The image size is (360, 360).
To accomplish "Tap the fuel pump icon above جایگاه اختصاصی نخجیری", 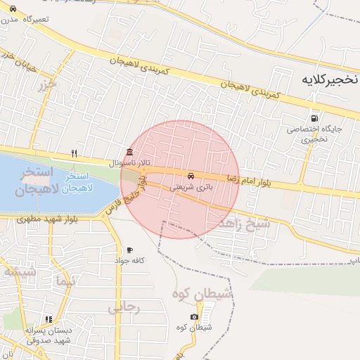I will click(313, 118).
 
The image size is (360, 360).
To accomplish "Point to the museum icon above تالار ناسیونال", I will click(128, 153).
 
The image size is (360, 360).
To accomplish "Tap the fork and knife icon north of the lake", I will click(74, 153).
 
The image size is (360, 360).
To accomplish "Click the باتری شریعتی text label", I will click(190, 188).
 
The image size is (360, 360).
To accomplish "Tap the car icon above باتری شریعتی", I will click(191, 175).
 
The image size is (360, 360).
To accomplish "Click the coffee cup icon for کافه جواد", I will click(129, 250).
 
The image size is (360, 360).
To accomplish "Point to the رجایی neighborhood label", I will click(124, 307).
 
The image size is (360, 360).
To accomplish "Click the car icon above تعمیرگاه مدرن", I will click(13, 8).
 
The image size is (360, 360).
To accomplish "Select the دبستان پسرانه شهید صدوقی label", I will click(48, 335).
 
